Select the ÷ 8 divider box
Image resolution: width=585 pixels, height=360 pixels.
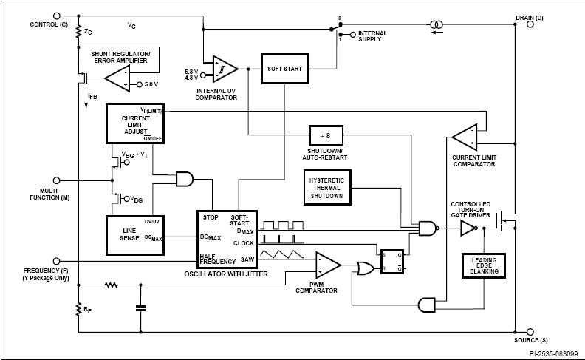[326, 136]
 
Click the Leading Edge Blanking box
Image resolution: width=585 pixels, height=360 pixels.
[484, 266]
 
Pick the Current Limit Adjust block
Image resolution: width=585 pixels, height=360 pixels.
[136, 123]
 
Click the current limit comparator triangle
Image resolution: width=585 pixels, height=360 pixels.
[466, 136]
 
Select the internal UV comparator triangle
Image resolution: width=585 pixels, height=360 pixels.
[224, 69]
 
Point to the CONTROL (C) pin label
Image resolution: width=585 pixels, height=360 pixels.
[49, 24]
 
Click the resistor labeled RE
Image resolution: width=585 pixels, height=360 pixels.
[78, 309]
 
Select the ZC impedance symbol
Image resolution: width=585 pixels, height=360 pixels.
[78, 33]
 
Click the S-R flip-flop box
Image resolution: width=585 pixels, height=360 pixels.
[392, 260]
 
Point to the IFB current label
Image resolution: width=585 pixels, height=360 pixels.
[92, 96]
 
